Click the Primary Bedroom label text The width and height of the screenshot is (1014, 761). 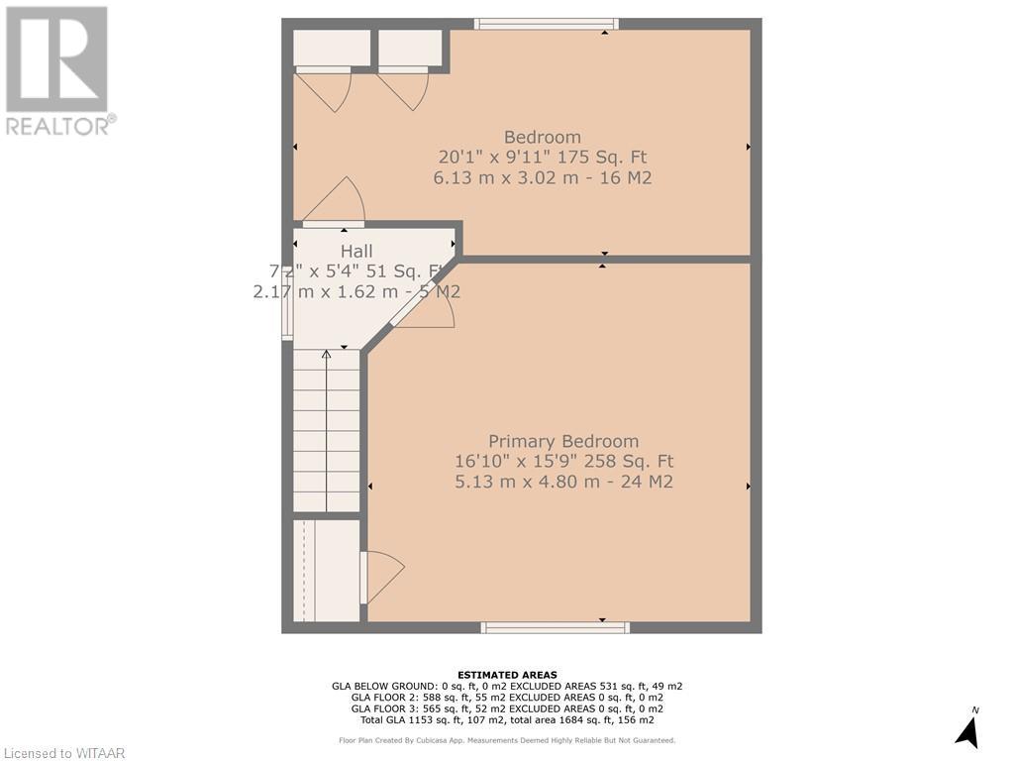click(563, 441)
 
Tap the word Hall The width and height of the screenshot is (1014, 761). click(356, 252)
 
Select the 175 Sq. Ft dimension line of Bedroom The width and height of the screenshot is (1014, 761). click(542, 158)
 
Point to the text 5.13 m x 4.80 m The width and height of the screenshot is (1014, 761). click(563, 483)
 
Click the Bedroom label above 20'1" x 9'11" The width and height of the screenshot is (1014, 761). click(542, 137)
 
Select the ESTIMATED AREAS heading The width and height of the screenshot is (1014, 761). click(507, 675)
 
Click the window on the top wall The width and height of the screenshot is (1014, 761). click(546, 24)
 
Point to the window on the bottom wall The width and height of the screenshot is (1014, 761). click(555, 627)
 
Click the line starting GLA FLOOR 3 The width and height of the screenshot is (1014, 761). click(507, 708)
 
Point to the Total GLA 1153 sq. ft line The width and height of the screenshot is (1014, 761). click(507, 719)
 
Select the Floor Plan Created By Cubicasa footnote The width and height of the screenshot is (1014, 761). click(507, 740)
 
